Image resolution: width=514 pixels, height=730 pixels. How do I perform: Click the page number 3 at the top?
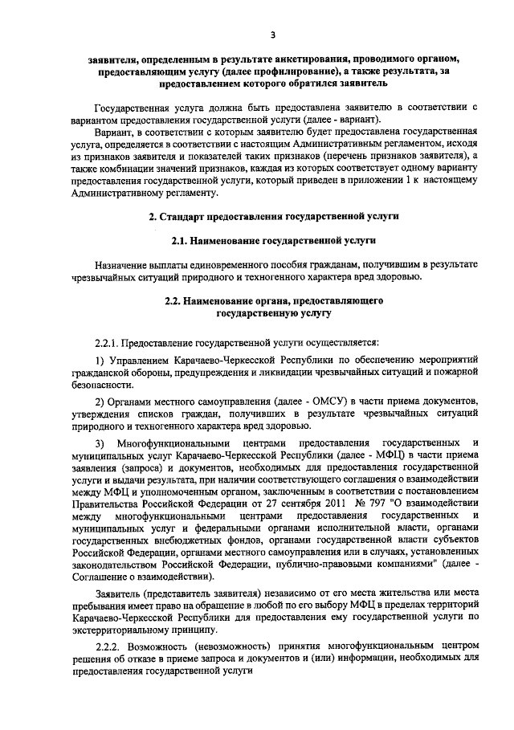click(273, 34)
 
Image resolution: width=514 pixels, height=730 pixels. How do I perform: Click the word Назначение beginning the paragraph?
click(121, 264)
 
